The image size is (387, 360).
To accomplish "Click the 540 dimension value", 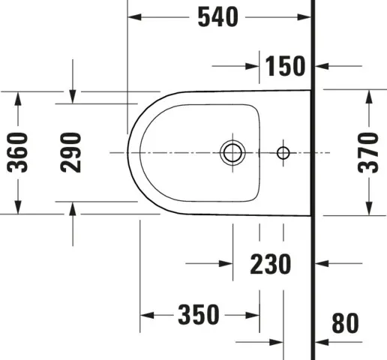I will point(218,16).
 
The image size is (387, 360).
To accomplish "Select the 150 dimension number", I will point(286,66).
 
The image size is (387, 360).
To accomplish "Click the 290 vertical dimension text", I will point(71,152).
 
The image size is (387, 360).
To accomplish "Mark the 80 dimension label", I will point(346,323).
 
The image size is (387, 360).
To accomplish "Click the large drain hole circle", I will point(232,152).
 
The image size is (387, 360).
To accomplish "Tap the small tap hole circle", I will point(283,152).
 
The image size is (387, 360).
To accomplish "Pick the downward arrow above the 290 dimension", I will point(72,96).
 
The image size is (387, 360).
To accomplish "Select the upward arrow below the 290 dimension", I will point(72,209).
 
